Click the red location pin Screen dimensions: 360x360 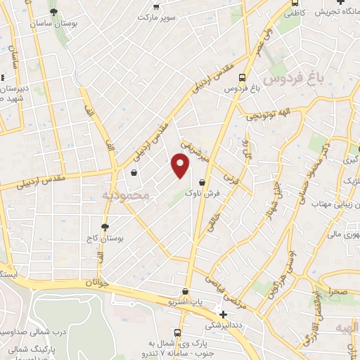[181, 167]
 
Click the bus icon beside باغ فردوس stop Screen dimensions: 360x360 [243, 78]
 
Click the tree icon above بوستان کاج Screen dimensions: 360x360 [105, 227]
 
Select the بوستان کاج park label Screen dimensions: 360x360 [105, 238]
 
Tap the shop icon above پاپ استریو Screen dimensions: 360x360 [185, 291]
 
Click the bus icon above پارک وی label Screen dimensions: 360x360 [177, 332]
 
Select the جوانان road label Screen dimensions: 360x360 [100, 282]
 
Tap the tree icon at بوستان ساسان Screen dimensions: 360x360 [53, 13]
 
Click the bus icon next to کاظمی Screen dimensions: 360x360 [292, 12]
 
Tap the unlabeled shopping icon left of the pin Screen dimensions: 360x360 [134, 172]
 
